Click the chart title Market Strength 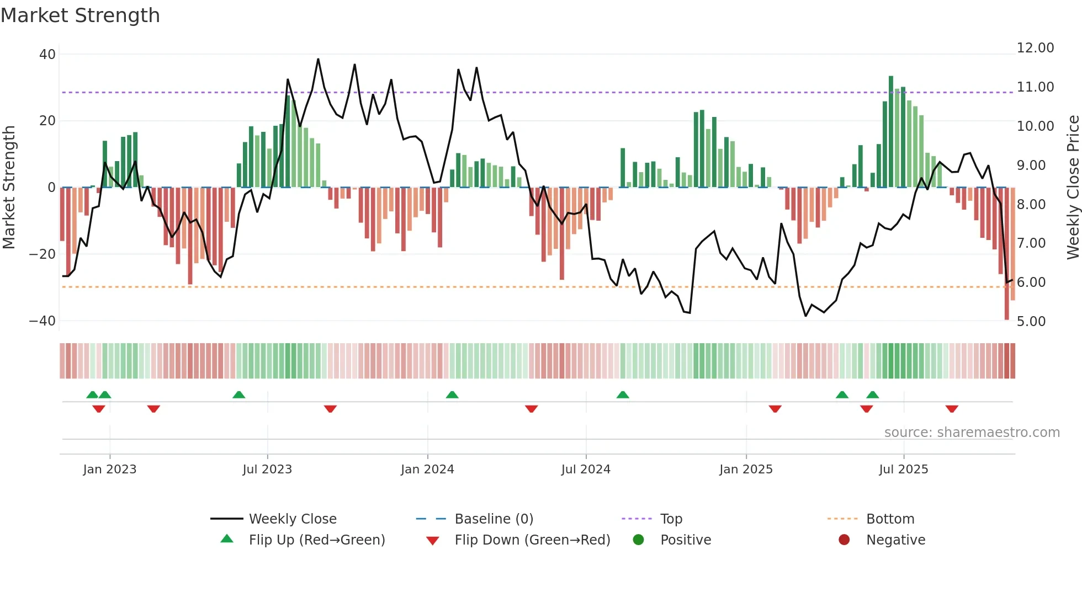80,15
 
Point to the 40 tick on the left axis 47,55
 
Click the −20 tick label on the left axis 42,254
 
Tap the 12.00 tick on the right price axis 1035,48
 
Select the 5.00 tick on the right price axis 1031,322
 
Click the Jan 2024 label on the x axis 427,470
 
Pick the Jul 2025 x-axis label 903,470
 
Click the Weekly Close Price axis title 1073,188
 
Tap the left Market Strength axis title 9,188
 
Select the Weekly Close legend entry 292,519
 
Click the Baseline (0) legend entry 494,519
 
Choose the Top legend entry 671,519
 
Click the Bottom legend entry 890,519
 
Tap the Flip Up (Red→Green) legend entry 316,540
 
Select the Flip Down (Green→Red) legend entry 532,540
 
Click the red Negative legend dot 844,540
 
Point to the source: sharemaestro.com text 972,433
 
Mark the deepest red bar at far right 1006,254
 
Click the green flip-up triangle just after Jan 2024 452,395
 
